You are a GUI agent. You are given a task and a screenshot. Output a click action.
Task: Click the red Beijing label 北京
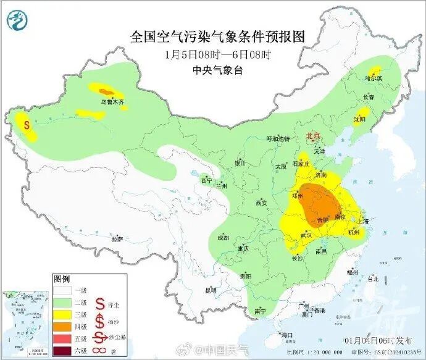[x=314, y=136]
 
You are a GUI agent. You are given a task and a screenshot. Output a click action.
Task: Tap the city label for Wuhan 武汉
[x=304, y=235]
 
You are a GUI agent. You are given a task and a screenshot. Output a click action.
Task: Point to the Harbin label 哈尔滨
[x=374, y=78]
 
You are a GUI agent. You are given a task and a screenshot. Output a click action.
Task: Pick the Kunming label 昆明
[x=211, y=290]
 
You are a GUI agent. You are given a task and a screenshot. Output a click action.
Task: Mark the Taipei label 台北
[x=372, y=278]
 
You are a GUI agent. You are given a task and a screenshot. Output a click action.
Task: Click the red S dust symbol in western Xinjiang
[x=27, y=124]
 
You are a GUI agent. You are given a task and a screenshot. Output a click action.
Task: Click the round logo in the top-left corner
[x=18, y=21]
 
